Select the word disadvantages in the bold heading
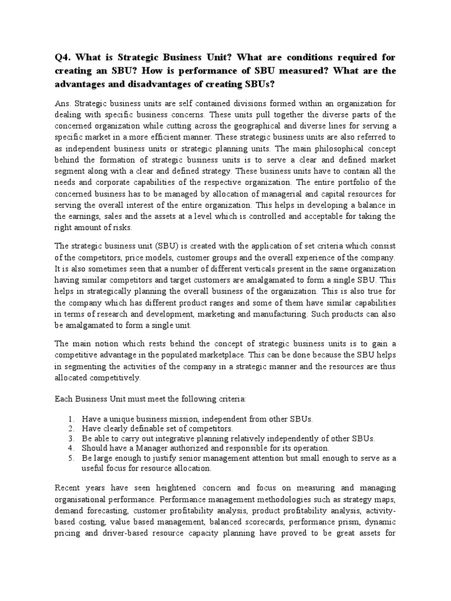149,84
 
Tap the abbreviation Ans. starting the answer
63,104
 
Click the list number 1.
70,419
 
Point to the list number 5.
70,458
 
